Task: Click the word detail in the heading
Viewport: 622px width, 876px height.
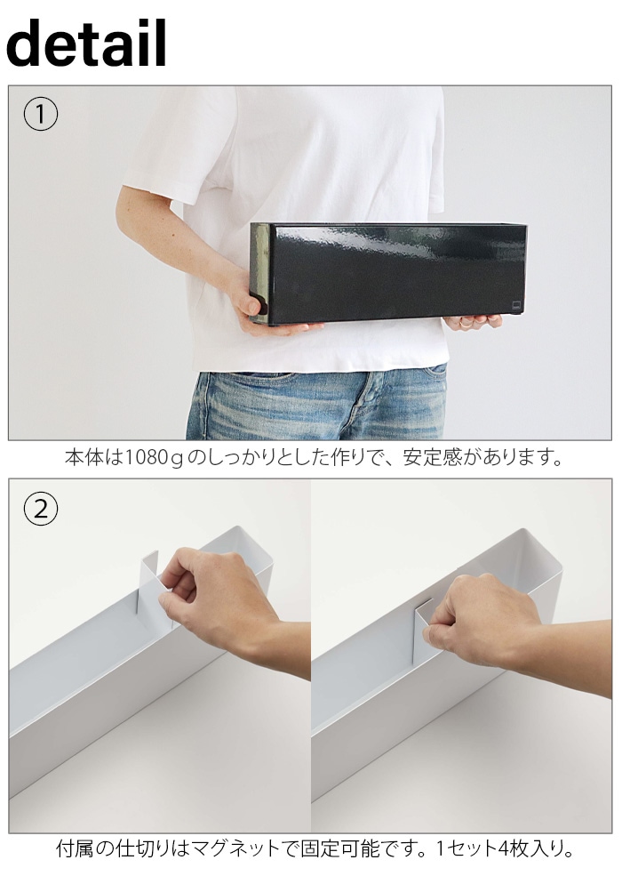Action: tap(86, 43)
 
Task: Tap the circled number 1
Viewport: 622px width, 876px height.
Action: tap(40, 114)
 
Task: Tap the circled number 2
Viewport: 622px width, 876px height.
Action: tap(40, 509)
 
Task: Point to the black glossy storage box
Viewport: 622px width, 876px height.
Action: tap(388, 274)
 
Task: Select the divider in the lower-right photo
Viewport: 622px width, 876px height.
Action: tap(423, 632)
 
